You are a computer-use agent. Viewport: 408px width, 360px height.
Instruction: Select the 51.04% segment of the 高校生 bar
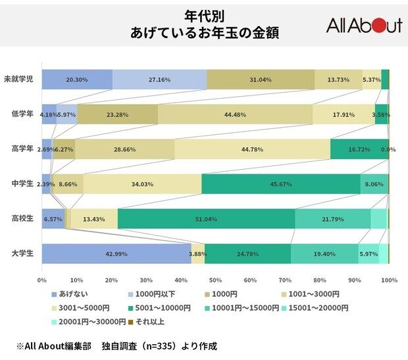(206, 219)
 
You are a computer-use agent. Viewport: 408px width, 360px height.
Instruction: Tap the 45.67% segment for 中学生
(281, 184)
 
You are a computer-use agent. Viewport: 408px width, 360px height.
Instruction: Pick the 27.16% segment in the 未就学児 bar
(160, 79)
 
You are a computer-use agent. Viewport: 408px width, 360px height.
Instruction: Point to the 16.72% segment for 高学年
(359, 149)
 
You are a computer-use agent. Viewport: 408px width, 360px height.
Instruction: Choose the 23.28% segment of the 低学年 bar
(118, 114)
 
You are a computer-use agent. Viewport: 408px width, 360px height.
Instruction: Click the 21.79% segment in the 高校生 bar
(333, 219)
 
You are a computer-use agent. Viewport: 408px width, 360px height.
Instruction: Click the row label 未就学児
(20, 79)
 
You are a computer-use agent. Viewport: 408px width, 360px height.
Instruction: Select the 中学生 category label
(22, 184)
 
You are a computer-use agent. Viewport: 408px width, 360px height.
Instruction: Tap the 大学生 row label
(22, 253)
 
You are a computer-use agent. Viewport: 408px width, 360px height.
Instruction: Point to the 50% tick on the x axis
(215, 280)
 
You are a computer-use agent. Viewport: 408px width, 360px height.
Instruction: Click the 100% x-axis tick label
(388, 280)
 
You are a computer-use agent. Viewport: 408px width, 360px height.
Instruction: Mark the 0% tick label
(43, 280)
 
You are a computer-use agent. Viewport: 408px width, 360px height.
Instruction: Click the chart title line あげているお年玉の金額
(204, 32)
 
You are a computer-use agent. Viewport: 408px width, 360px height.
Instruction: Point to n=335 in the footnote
(161, 346)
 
